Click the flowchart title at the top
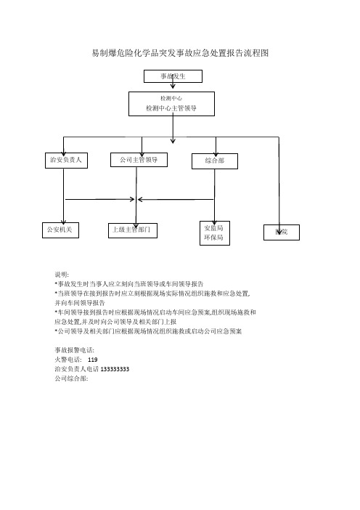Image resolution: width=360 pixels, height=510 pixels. point(180,53)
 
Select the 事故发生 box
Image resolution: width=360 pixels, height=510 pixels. point(173,76)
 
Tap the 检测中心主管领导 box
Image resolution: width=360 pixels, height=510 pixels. point(171,104)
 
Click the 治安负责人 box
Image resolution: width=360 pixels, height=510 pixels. point(66,160)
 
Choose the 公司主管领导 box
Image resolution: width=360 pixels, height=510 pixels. point(139,160)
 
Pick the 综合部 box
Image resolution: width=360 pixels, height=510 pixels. point(215,161)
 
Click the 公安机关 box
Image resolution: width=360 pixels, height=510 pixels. point(60,230)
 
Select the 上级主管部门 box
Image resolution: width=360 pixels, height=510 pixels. point(133,230)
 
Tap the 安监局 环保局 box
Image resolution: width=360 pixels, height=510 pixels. point(215,233)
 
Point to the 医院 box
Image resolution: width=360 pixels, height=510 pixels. point(282,232)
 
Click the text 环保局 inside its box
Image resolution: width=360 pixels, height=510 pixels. point(214,238)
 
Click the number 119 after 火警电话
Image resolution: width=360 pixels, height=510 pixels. point(93,360)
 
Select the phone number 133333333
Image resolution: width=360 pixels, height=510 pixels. point(115,369)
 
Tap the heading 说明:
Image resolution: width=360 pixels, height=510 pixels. point(62,275)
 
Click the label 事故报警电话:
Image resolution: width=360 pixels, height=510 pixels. point(75,350)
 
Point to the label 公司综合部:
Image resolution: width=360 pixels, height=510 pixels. point(71,379)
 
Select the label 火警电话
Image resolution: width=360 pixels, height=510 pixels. point(68,360)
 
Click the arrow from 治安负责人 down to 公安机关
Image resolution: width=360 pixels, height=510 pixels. point(63,196)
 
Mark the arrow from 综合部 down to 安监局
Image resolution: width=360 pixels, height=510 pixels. point(214,196)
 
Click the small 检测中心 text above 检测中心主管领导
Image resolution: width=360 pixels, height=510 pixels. point(171,98)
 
